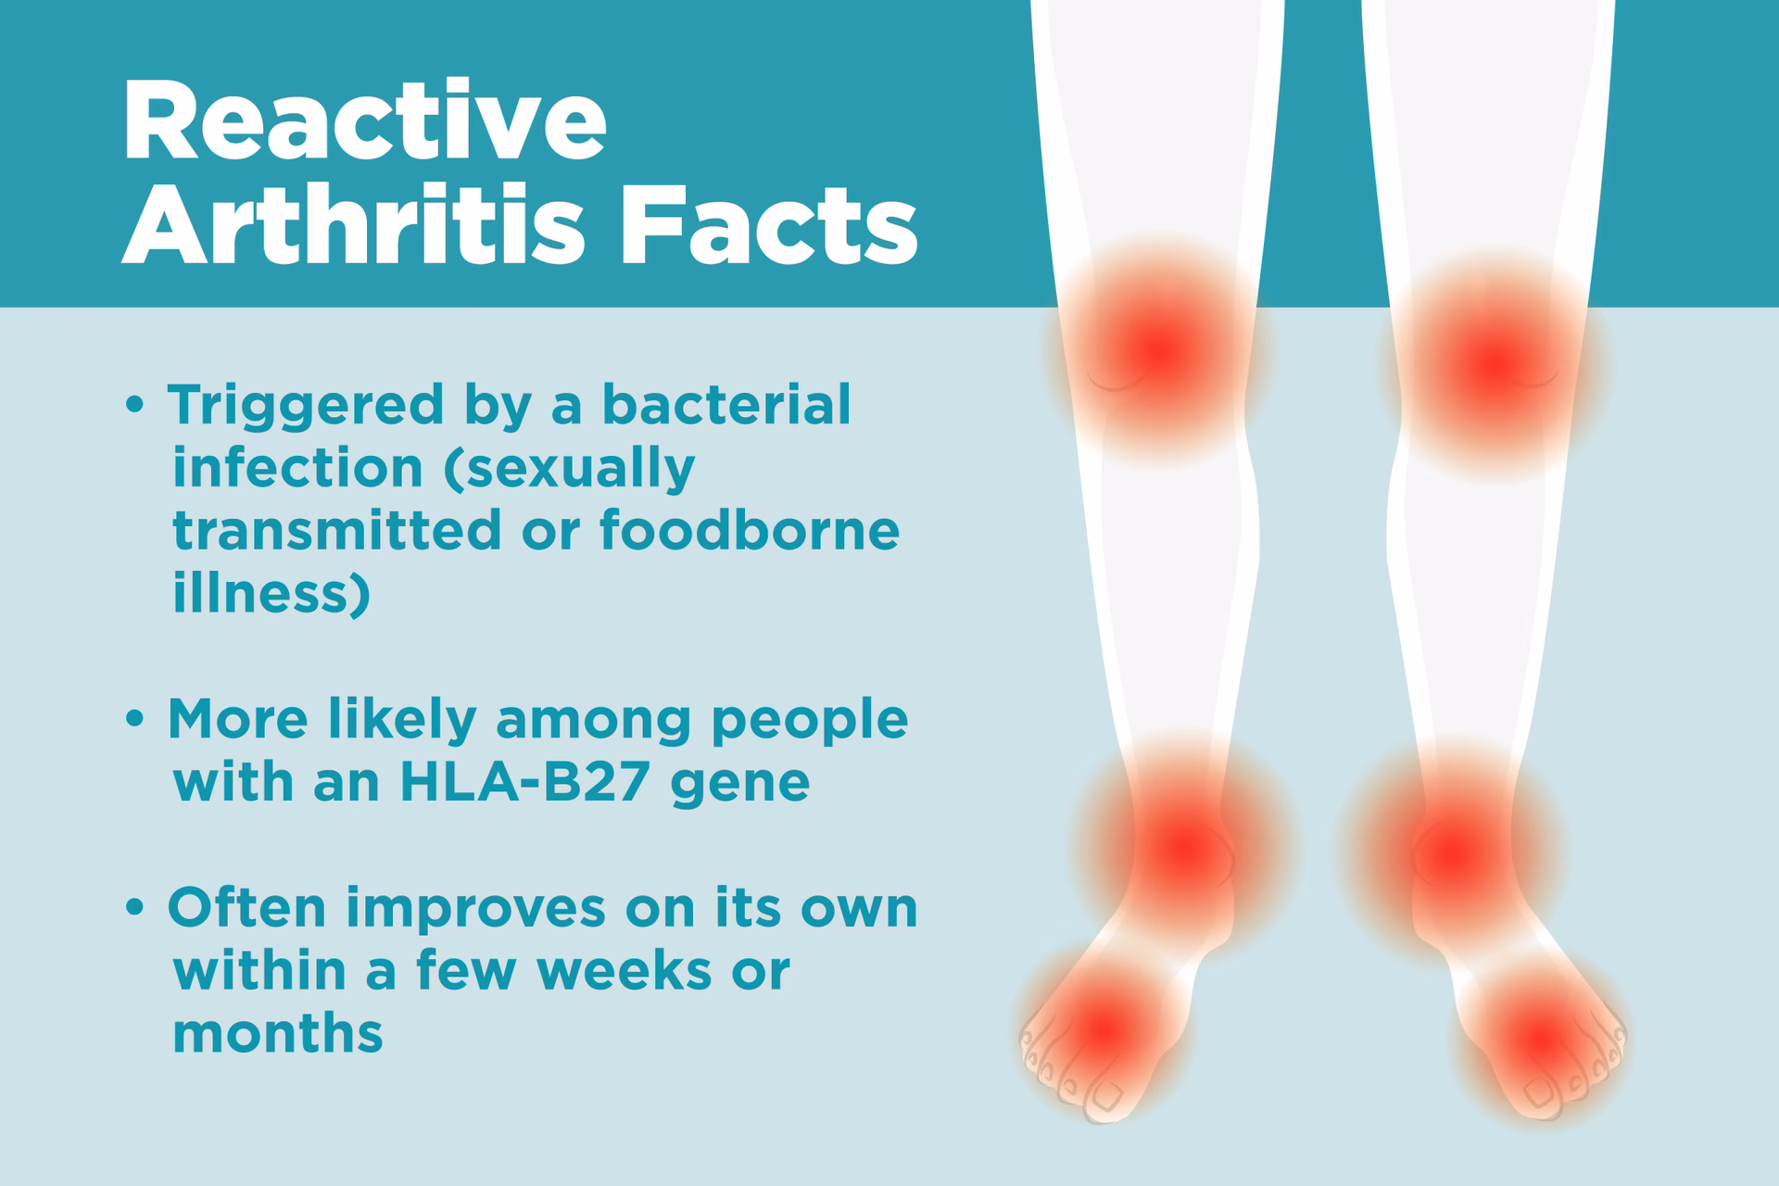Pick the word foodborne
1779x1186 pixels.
tap(750, 530)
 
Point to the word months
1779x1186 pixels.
tap(278, 1032)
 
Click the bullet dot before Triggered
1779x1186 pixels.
tap(135, 406)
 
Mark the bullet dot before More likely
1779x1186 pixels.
tap(135, 720)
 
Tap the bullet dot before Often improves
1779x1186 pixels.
tap(135, 909)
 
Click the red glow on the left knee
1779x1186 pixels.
tap(1158, 349)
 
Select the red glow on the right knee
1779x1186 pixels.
tap(1494, 364)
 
